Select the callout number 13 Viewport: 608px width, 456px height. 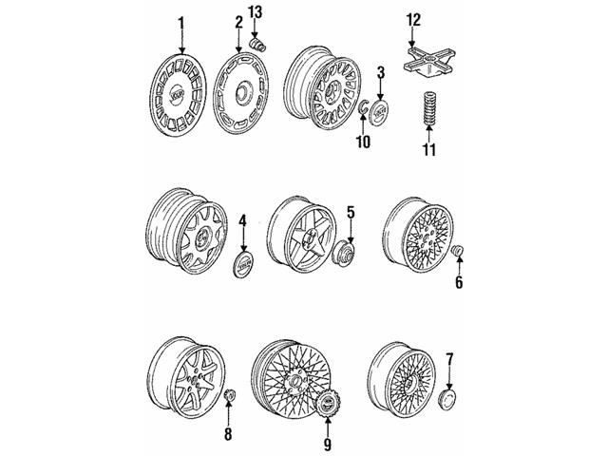(x=254, y=11)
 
